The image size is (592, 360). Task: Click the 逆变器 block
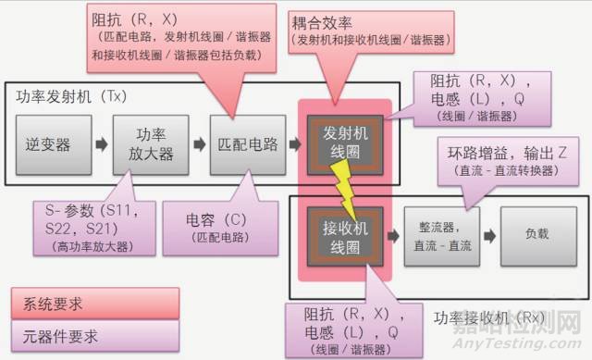pyautogui.click(x=49, y=144)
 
